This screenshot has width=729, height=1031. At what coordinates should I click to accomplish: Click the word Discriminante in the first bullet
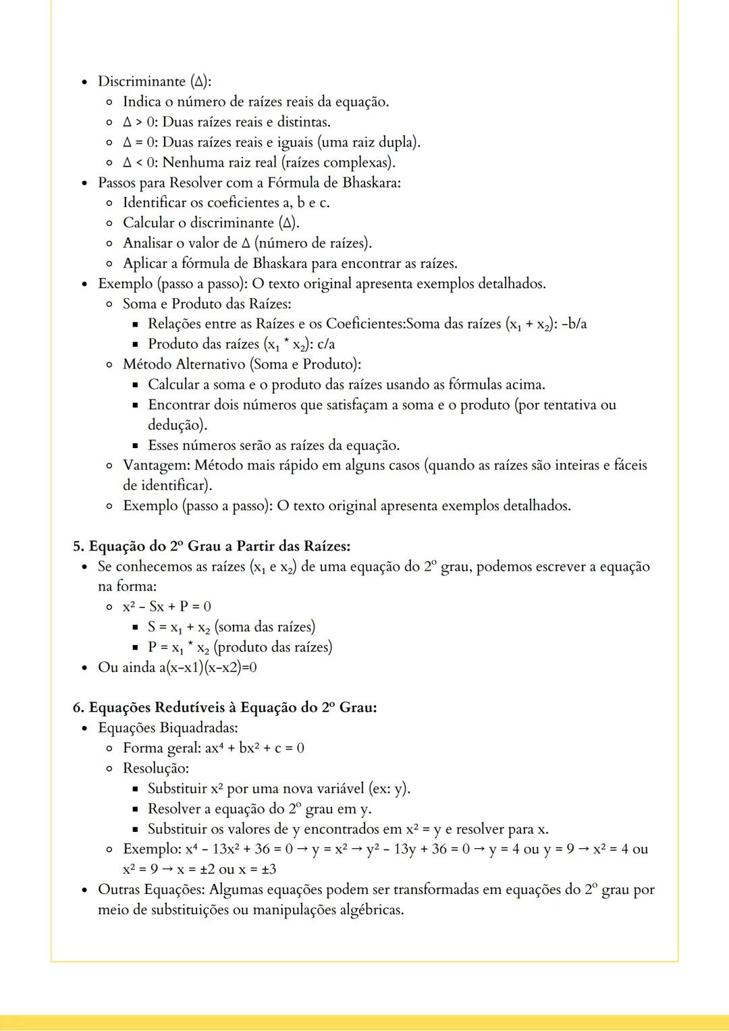(x=141, y=82)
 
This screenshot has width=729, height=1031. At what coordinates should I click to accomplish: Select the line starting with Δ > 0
(x=226, y=122)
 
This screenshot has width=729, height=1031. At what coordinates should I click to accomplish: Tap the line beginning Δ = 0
(x=271, y=142)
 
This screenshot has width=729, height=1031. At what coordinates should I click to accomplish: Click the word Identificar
(x=163, y=202)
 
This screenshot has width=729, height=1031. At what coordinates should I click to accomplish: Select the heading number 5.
(x=78, y=546)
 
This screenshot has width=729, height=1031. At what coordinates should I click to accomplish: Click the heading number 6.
(x=78, y=707)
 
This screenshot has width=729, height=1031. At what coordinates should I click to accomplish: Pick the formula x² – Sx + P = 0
(x=167, y=607)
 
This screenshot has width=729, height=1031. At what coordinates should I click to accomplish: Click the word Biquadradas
(x=198, y=728)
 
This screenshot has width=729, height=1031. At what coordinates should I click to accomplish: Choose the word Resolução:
(x=155, y=769)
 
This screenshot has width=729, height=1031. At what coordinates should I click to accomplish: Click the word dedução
(x=175, y=425)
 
